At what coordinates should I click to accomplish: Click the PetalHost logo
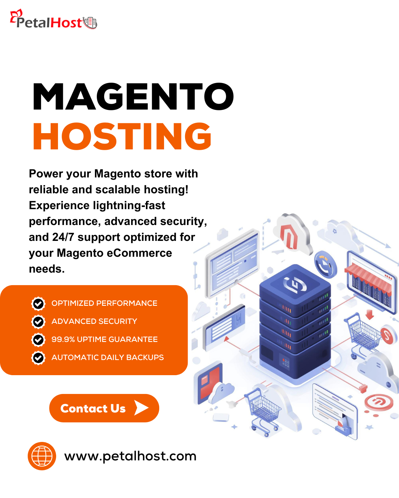(54, 20)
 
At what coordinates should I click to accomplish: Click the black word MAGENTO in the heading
(133, 96)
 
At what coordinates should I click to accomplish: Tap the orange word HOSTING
(122, 136)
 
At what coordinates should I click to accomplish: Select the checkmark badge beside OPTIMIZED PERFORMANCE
(38, 303)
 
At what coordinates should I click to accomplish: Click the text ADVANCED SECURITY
(94, 321)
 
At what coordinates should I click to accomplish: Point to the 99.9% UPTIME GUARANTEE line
(105, 339)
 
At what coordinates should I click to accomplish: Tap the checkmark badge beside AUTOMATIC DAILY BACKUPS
(38, 358)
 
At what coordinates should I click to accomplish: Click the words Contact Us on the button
(93, 408)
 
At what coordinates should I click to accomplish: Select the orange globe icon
(42, 456)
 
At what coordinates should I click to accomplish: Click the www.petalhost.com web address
(130, 456)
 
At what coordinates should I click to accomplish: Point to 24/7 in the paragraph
(63, 237)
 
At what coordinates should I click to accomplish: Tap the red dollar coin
(387, 335)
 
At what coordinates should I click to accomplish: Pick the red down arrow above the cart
(370, 315)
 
